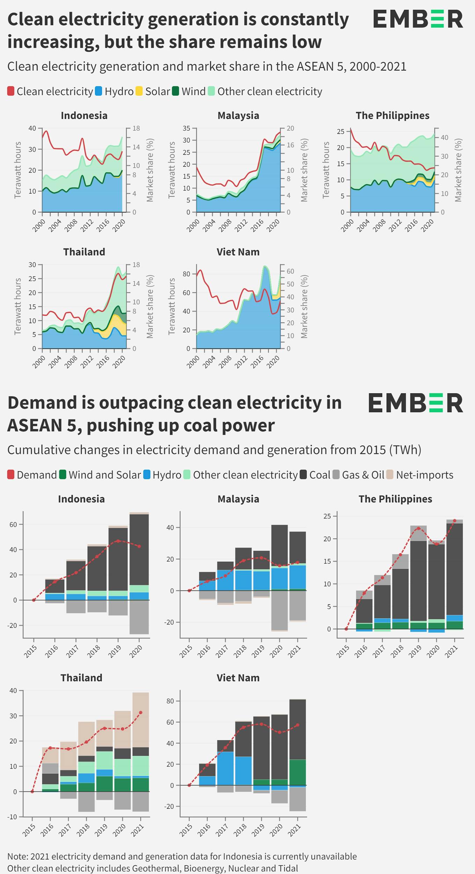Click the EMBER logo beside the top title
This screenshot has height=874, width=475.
pos(418,19)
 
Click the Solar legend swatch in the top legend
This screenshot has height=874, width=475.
pos(139,92)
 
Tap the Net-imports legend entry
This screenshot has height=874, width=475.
pos(424,475)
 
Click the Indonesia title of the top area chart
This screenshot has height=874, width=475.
pos(84,116)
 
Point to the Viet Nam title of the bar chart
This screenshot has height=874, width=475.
pos(238,678)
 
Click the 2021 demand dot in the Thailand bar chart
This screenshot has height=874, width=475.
pos(141,713)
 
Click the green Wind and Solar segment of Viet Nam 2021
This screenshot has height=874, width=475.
pos(297,772)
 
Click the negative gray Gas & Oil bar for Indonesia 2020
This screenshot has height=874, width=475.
pos(139,617)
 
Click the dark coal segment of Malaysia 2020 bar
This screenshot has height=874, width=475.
pos(279,545)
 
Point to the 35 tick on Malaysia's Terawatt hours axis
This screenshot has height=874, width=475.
pos(187,128)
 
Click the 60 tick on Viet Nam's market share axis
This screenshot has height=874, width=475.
pos(290,271)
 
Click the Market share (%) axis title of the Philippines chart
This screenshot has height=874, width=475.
pos(458,170)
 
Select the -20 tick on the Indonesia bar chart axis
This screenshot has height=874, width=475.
pos(13,626)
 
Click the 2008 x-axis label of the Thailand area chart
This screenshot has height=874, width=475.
pos(71,362)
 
